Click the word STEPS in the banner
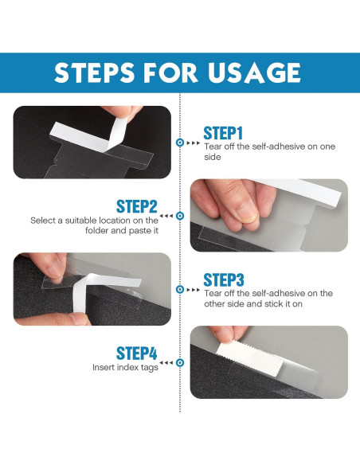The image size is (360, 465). point(94,72)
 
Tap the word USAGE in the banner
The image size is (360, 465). point(254,72)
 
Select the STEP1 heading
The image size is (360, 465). point(223,133)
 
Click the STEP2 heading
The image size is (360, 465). point(137,206)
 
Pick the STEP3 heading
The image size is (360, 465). point(224,280)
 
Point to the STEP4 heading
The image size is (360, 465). point(137,354)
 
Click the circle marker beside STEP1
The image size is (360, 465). point(180,143)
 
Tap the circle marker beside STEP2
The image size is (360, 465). point(180,216)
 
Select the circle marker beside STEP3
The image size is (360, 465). point(180,289)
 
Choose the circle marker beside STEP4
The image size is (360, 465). point(180,362)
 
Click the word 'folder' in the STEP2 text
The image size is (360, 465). point(96,230)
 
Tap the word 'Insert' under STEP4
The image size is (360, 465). point(104,367)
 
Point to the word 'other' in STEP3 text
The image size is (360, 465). point(213,303)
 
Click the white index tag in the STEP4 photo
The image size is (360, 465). point(249,358)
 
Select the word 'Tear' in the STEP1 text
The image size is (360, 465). point(213,147)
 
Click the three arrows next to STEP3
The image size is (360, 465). point(194,290)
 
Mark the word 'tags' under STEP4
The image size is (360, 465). point(150,367)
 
